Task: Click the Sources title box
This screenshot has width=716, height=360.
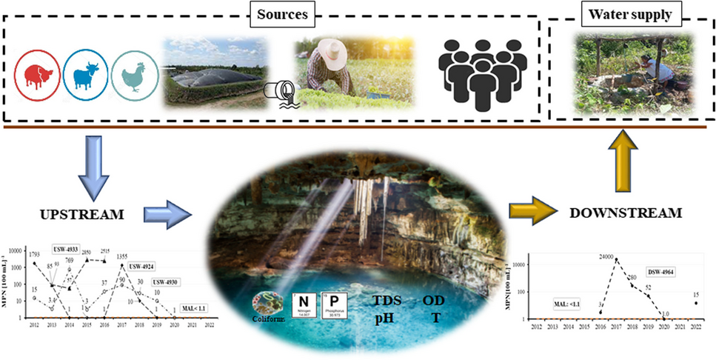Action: pos(271,15)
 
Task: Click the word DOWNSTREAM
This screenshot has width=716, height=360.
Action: pos(624,213)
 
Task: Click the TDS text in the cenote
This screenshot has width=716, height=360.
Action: pos(388,301)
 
